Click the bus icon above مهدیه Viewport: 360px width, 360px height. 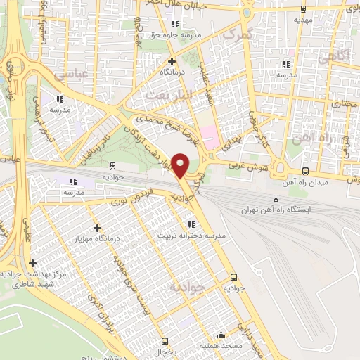[x=303, y=9]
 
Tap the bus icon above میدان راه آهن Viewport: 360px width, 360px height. [x=304, y=171]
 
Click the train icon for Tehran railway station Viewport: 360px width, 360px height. [x=276, y=198]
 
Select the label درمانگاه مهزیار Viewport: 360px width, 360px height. [x=98, y=238]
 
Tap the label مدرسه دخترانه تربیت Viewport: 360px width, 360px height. [x=191, y=235]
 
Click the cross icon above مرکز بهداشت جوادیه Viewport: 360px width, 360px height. [x=32, y=262]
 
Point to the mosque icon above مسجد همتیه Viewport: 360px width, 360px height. [x=221, y=335]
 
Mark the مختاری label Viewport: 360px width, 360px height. [x=345, y=104]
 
